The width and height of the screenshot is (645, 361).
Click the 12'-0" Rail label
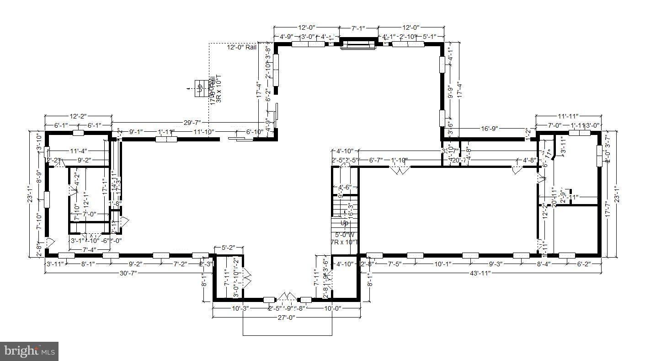pyautogui.click(x=242, y=47)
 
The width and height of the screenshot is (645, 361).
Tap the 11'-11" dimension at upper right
pyautogui.click(x=568, y=116)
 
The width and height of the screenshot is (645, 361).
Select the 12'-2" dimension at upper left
pyautogui.click(x=78, y=116)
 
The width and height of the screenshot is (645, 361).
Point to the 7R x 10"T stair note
pyautogui.click(x=345, y=242)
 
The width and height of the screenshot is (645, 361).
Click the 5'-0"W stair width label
pyautogui.click(x=345, y=235)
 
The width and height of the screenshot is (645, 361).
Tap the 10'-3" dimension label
pyautogui.click(x=240, y=308)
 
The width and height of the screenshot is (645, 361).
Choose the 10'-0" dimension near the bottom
pyautogui.click(x=332, y=308)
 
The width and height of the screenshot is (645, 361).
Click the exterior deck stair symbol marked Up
pyautogui.click(x=200, y=87)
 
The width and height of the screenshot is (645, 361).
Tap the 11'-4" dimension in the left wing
pyautogui.click(x=79, y=151)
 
